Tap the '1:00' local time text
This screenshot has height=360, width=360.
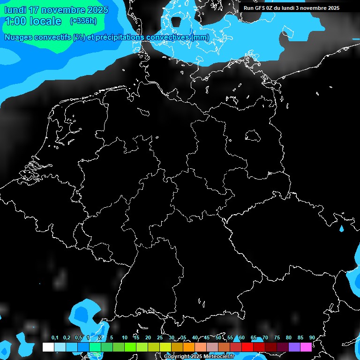[16, 21]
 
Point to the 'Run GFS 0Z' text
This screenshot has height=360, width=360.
[259, 8]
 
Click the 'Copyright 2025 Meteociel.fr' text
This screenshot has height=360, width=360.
[199, 357]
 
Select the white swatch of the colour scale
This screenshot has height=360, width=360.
[48, 347]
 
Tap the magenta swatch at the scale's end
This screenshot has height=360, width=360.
[306, 347]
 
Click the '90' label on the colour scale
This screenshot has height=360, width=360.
[312, 338]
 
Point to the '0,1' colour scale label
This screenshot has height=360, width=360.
[55, 338]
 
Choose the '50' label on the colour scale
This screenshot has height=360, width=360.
[218, 338]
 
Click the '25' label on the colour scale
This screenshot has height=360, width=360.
[160, 338]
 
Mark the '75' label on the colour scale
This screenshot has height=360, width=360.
[277, 338]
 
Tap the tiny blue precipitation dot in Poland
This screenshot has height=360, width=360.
[341, 229]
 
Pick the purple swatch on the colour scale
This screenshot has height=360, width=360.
[294, 347]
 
